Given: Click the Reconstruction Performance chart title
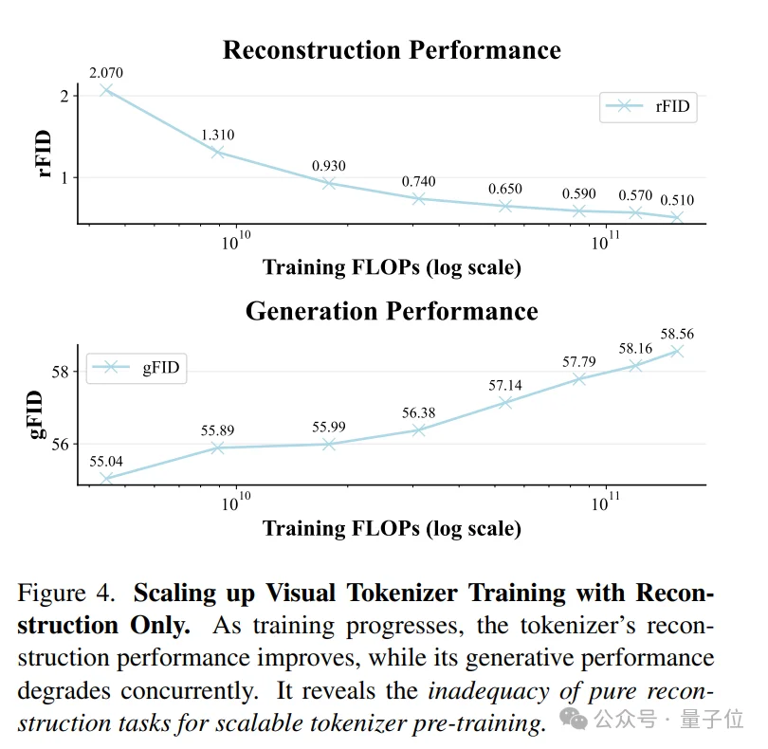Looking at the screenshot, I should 392,50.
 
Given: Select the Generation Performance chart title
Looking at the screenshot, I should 392,311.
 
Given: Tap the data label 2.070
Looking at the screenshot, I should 106,72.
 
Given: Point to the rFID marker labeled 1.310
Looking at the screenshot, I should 218,152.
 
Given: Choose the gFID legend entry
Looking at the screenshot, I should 137,368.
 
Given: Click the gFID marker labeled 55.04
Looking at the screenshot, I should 106,479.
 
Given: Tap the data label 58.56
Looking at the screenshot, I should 677,335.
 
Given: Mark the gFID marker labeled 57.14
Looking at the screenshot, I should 505,402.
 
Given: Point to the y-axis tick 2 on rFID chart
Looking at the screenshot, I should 63,96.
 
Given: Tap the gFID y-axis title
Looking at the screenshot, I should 39,413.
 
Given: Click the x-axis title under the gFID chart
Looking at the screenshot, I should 392,528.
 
